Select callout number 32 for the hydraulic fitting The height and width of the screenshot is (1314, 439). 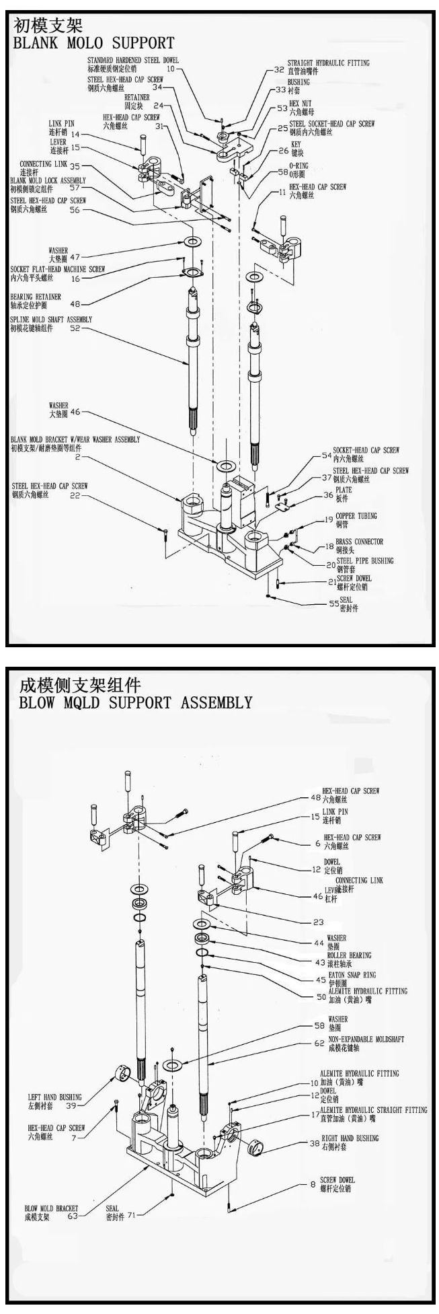coord(279,69)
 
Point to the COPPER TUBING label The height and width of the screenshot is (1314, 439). coord(356,516)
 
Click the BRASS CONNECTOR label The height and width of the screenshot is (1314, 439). coord(359,541)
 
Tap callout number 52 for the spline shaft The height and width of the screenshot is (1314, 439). coord(75,328)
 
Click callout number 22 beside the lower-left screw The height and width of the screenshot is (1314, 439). coord(75,496)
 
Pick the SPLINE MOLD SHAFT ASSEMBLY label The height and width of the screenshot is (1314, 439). coord(51,320)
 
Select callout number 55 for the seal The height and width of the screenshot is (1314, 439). coord(333,604)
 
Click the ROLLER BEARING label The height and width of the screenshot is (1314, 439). coord(348,955)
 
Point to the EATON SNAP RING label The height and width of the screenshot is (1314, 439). coord(352,974)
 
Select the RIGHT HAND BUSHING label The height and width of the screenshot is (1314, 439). coord(349,1138)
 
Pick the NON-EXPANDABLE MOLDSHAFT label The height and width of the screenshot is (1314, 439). coord(366,1039)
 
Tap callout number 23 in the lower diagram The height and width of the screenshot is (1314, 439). coord(318,922)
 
